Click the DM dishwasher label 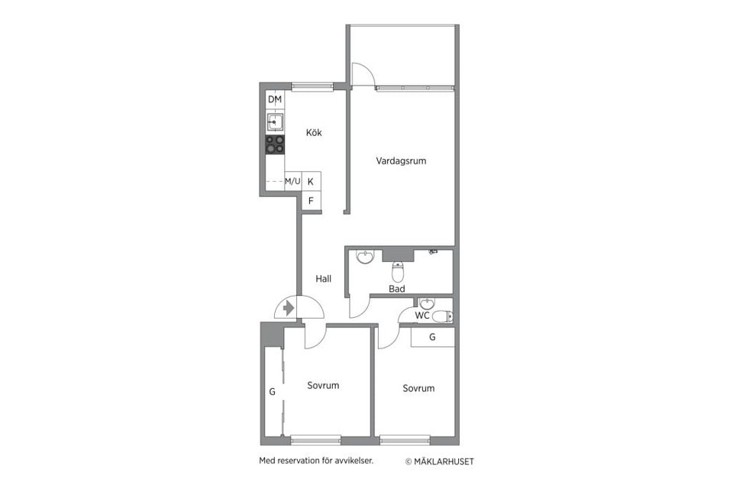click(x=275, y=100)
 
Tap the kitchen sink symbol click(x=275, y=121)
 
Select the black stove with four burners click(x=275, y=144)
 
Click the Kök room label click(x=314, y=133)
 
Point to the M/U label click(x=292, y=182)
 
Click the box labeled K click(x=311, y=182)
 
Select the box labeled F click(x=311, y=201)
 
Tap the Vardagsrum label click(x=401, y=161)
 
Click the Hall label click(x=324, y=280)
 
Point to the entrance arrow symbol click(x=288, y=308)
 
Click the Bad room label click(x=397, y=289)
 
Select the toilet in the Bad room click(x=397, y=271)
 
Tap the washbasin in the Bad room click(x=366, y=257)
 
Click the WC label click(x=422, y=316)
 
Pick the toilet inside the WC click(x=442, y=316)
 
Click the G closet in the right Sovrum click(x=432, y=337)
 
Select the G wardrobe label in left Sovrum click(x=272, y=391)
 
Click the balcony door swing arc click(x=363, y=73)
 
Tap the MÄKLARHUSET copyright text click(x=439, y=461)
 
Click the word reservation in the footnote click(x=299, y=461)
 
